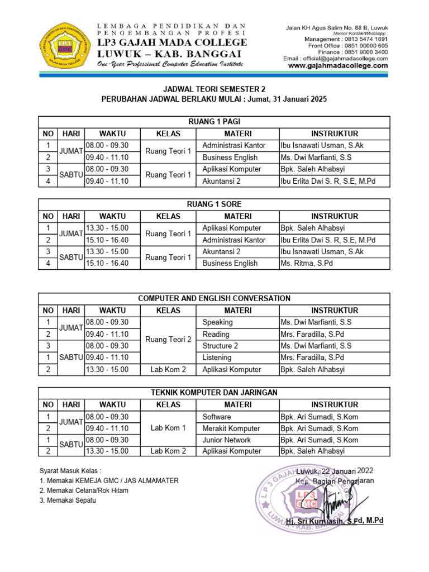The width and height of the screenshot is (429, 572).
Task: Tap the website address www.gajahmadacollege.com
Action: coord(338,65)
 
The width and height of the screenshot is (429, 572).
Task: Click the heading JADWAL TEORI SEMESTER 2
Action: coord(214,89)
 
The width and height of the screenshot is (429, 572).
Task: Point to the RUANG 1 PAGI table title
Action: coord(214,122)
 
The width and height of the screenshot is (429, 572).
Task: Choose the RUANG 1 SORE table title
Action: coord(214,204)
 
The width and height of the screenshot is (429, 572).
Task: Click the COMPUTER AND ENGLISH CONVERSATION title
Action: coord(214,299)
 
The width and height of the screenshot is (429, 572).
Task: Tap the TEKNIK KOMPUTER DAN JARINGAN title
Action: coord(214,393)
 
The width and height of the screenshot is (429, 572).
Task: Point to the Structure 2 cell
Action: coord(220,346)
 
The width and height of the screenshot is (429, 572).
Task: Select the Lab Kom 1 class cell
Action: coord(168,428)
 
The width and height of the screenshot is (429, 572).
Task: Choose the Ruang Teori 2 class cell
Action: coord(168,340)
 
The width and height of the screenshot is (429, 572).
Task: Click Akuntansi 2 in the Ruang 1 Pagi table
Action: coord(221,181)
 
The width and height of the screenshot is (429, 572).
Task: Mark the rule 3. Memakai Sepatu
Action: coord(68,500)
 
